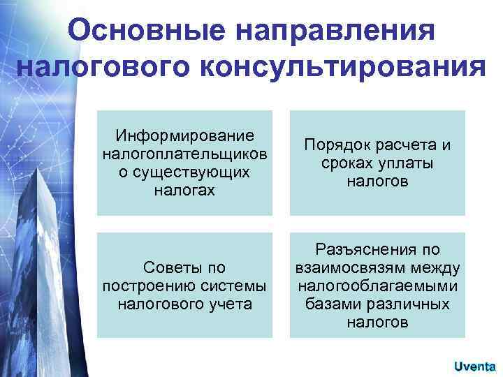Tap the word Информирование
pyautogui.click(x=184, y=134)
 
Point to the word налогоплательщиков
pyautogui.click(x=184, y=152)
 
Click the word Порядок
pyautogui.click(x=333, y=145)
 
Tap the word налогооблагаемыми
pyautogui.click(x=377, y=286)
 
